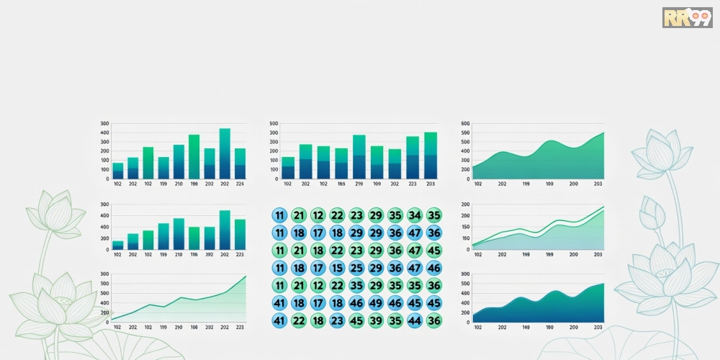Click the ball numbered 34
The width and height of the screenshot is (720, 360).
pos(414,215)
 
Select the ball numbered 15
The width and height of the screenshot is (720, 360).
pos(337,268)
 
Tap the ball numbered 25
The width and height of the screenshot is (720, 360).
pos(356,268)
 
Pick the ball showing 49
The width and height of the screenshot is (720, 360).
pos(376,303)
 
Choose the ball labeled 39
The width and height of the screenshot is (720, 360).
pos(376,320)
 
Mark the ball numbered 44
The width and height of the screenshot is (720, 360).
pos(414,320)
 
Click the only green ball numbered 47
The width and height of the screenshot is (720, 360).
pos(414,251)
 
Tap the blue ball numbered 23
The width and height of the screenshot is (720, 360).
pos(337,320)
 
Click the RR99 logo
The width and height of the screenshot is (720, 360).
pos(687,18)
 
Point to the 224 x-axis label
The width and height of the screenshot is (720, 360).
pos(240,184)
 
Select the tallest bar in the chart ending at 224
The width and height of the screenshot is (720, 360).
pos(225,153)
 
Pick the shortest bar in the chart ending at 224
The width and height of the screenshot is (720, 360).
pos(117,171)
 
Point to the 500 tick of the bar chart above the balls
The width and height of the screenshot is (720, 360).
pos(274,124)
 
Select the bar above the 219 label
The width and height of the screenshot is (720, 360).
pos(359,157)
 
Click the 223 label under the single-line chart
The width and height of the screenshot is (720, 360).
pos(240,327)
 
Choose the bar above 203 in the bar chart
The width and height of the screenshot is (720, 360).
pos(430,156)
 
